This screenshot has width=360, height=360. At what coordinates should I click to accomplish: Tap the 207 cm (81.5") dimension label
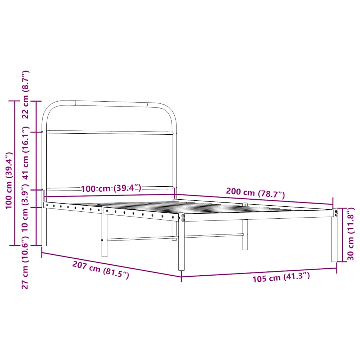(x=101, y=270)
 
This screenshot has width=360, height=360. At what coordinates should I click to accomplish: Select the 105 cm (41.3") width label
(x=281, y=278)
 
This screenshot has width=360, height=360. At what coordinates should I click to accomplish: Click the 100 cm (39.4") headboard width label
(x=111, y=188)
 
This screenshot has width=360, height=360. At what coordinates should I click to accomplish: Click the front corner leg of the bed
(x=181, y=246)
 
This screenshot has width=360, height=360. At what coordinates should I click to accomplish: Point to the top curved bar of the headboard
(x=111, y=103)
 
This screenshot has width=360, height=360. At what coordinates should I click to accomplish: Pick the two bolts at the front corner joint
(x=183, y=218)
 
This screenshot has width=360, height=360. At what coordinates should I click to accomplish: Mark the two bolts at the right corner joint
(x=336, y=213)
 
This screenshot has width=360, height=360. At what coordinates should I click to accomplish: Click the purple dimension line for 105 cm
(x=259, y=272)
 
